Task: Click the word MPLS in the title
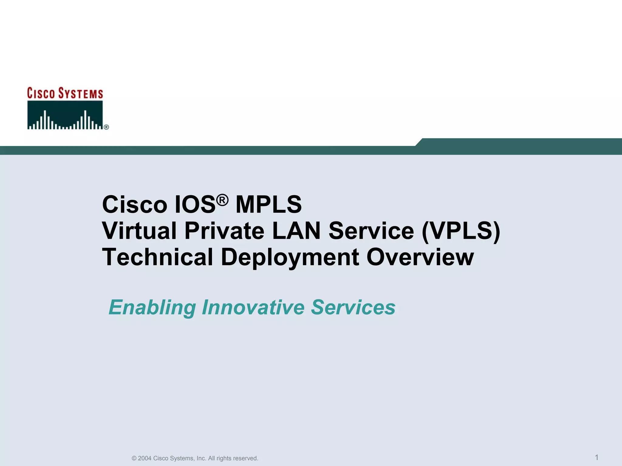(268, 204)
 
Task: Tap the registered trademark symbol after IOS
(223, 200)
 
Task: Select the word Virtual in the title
(139, 231)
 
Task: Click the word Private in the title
(224, 231)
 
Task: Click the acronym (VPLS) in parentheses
(461, 231)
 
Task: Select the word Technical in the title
(157, 257)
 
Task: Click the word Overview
(420, 257)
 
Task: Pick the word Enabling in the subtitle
(152, 307)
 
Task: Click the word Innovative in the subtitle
(253, 307)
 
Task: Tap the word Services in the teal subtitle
(353, 307)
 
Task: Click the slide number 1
(596, 457)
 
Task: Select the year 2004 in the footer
(145, 458)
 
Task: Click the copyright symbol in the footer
(134, 458)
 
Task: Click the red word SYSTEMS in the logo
(80, 94)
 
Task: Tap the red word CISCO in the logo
(41, 94)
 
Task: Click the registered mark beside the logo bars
(106, 127)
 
